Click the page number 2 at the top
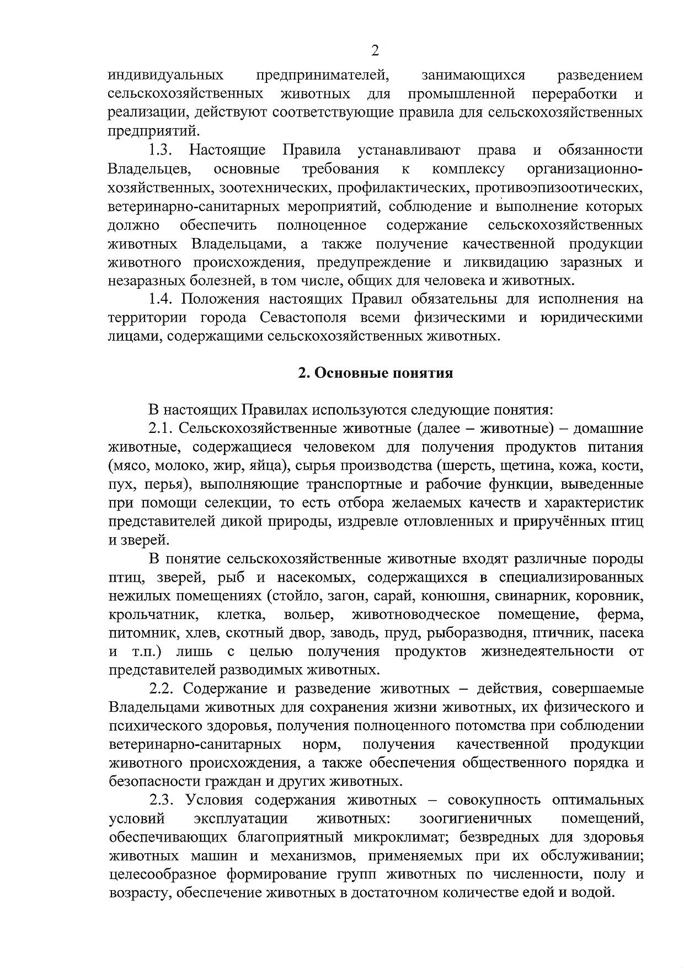[375, 51]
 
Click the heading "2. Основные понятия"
[375, 373]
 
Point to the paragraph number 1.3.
[161, 150]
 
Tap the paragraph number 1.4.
[161, 299]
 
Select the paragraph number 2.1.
[161, 429]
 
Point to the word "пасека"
[621, 633]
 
